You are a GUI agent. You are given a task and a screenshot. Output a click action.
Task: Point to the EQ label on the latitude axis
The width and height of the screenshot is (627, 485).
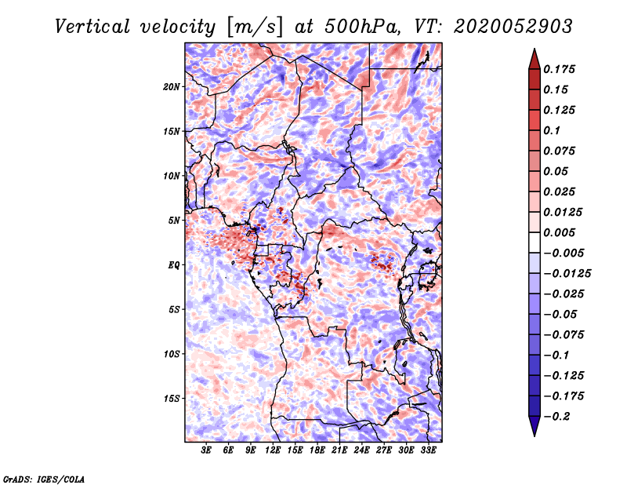pos(175,265)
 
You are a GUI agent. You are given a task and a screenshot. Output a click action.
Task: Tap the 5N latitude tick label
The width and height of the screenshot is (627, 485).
pos(175,221)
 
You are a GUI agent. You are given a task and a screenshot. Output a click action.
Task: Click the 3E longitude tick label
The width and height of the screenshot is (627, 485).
pos(207,450)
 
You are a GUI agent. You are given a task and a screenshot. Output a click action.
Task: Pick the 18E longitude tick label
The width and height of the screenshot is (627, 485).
pos(317,450)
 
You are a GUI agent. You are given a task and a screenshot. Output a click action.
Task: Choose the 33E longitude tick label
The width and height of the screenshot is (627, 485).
pos(428,450)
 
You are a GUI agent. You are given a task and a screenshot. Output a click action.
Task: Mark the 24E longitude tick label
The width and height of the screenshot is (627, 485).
pos(362,450)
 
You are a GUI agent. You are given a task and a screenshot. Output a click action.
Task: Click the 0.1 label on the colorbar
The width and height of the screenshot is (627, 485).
pos(553,130)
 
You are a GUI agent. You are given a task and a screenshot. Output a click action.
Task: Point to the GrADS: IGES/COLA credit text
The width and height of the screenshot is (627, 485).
pos(44,477)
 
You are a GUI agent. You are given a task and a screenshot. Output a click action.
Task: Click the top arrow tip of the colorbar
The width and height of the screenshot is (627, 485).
pos(533,51)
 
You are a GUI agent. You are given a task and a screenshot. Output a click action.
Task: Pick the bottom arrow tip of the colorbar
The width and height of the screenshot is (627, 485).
pos(533,434)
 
